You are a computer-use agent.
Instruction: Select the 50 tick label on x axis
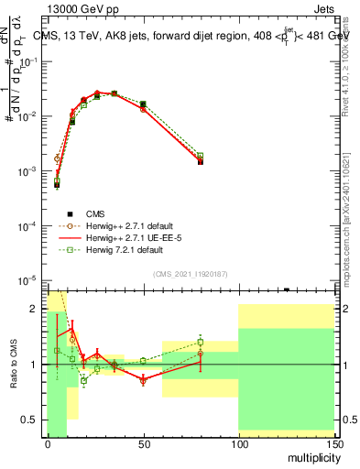coord(143,444)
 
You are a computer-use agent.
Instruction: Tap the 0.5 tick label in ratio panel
coord(32,420)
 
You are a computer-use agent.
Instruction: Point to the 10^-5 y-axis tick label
coord(29,280)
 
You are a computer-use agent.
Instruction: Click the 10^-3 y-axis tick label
coord(29,171)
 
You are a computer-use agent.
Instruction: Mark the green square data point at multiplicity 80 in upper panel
coord(200,156)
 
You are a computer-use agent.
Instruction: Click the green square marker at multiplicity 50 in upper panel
coord(143,104)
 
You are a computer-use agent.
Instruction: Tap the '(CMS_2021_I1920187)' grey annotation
coord(191,272)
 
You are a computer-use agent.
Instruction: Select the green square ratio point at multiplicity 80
coord(200,343)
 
